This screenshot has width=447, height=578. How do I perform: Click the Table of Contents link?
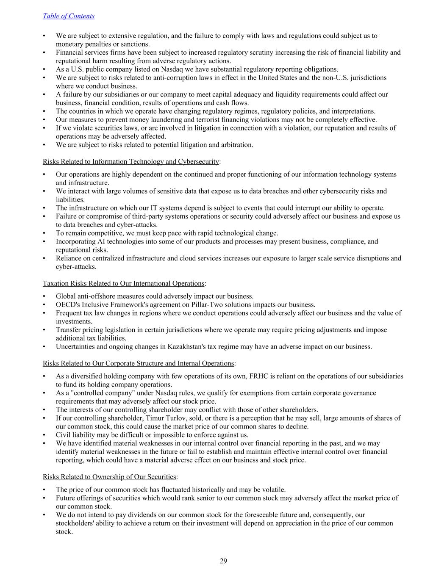click(x=68, y=16)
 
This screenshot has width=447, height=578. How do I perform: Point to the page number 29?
click(x=223, y=561)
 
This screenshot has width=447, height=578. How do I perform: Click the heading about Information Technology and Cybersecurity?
click(x=131, y=161)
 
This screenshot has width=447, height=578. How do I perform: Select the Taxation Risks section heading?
click(x=123, y=283)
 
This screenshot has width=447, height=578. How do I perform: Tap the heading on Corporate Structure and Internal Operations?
click(x=138, y=363)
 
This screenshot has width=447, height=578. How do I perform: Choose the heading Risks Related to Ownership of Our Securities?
click(x=109, y=477)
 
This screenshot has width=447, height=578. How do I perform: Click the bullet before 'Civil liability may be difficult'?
click(x=44, y=435)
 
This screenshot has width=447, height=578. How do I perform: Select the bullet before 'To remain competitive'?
click(x=44, y=233)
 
